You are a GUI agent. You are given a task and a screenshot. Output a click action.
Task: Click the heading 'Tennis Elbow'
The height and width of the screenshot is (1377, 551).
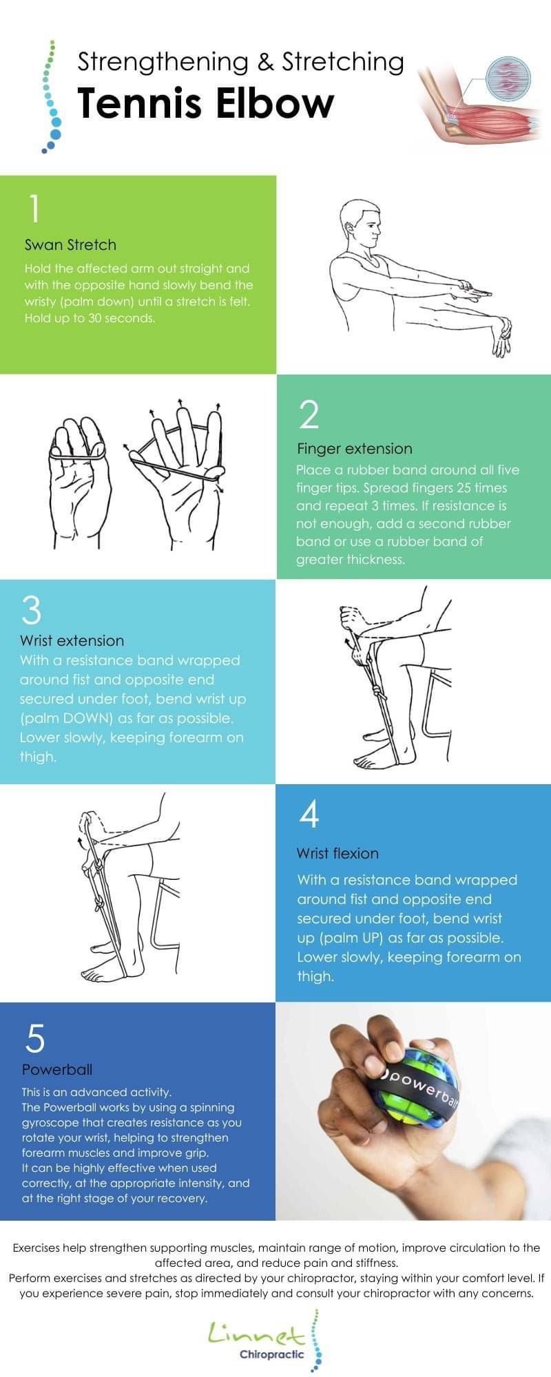[205, 103]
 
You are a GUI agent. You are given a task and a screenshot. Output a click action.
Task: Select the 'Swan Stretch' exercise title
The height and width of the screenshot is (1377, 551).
[70, 244]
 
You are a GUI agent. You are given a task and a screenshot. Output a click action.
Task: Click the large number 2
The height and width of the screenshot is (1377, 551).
[309, 414]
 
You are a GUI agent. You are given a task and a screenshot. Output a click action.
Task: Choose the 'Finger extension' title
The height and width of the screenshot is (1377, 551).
[354, 448]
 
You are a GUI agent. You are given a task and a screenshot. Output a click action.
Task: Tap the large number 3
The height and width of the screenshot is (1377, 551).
[32, 610]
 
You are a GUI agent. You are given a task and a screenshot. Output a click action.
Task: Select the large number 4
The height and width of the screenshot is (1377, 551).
[309, 814]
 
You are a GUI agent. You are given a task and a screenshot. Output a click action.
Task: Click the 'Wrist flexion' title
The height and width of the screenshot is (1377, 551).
[337, 853]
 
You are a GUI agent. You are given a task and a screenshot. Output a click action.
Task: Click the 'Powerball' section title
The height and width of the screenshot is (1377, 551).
[56, 1069]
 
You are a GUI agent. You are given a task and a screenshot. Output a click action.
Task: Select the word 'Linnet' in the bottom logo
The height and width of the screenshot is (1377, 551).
[256, 1334]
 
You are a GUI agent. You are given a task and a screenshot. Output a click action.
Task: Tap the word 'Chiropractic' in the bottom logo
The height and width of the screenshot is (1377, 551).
[271, 1354]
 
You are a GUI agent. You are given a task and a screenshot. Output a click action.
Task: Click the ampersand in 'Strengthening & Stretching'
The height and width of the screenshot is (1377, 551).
[264, 63]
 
